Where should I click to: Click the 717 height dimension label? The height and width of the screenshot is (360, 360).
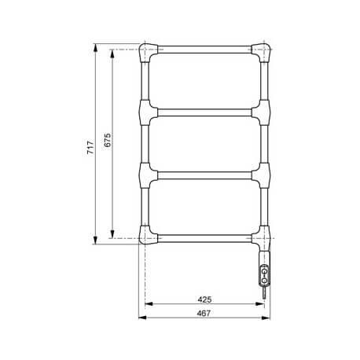tap(90, 146)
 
